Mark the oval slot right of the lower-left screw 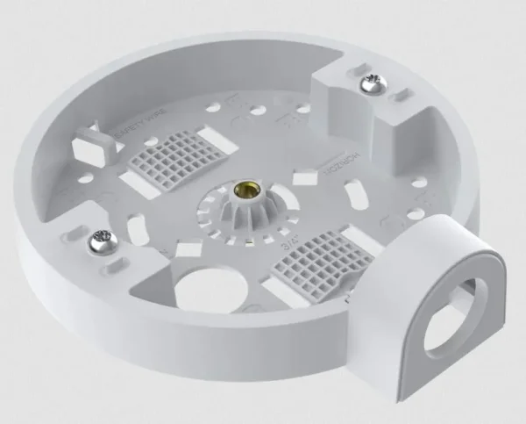(139, 229)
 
